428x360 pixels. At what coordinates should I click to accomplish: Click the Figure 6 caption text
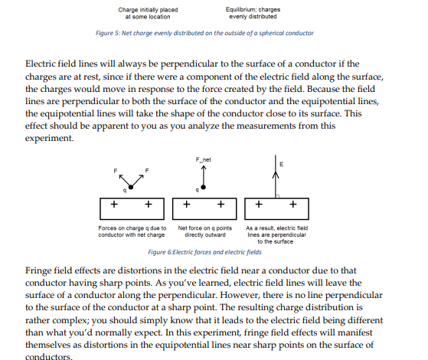pyautogui.click(x=204, y=251)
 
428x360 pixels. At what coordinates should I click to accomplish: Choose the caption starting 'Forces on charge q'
pyautogui.click(x=133, y=232)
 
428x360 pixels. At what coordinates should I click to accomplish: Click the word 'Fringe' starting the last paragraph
pyautogui.click(x=39, y=270)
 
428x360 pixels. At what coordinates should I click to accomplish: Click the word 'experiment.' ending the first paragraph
pyautogui.click(x=51, y=138)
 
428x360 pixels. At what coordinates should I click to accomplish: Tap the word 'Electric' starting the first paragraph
pyautogui.click(x=41, y=61)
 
